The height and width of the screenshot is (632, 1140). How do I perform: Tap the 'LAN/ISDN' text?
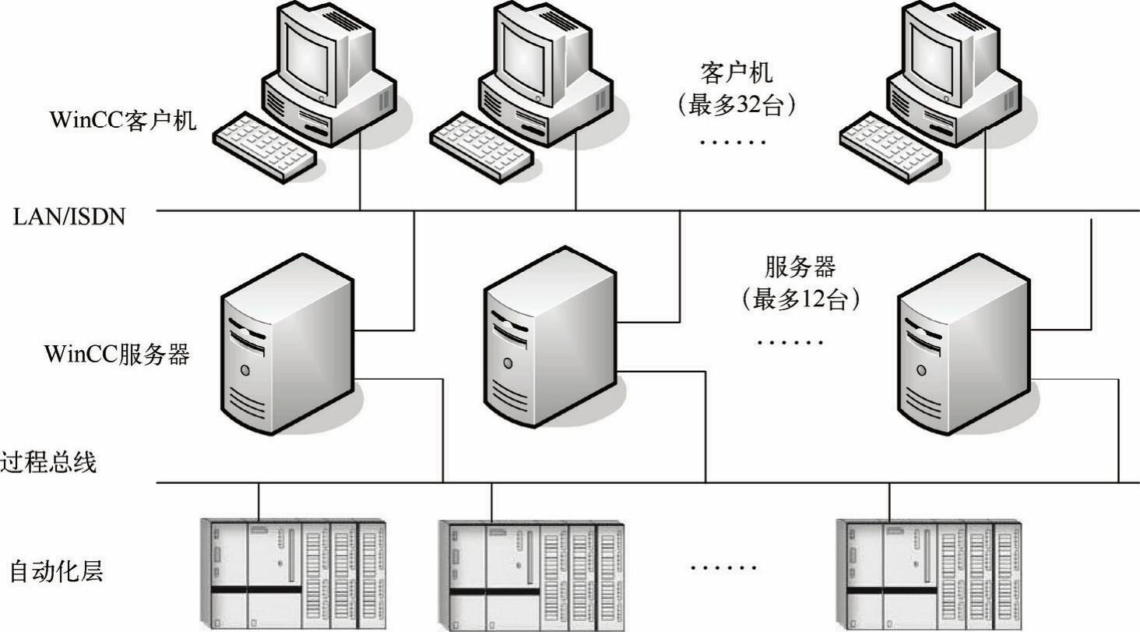tap(69, 217)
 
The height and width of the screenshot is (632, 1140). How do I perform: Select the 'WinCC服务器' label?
tap(117, 355)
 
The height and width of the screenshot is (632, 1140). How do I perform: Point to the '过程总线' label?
tap(48, 463)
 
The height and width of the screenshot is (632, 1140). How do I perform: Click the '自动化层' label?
tap(56, 572)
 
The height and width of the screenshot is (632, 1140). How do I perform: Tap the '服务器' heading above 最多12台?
tap(800, 267)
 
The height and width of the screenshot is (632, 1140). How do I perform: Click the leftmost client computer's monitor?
tap(315, 51)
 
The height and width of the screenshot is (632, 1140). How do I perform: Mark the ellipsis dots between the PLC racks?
tap(724, 567)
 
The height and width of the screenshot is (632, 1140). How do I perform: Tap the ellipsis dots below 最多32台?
tap(734, 142)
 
